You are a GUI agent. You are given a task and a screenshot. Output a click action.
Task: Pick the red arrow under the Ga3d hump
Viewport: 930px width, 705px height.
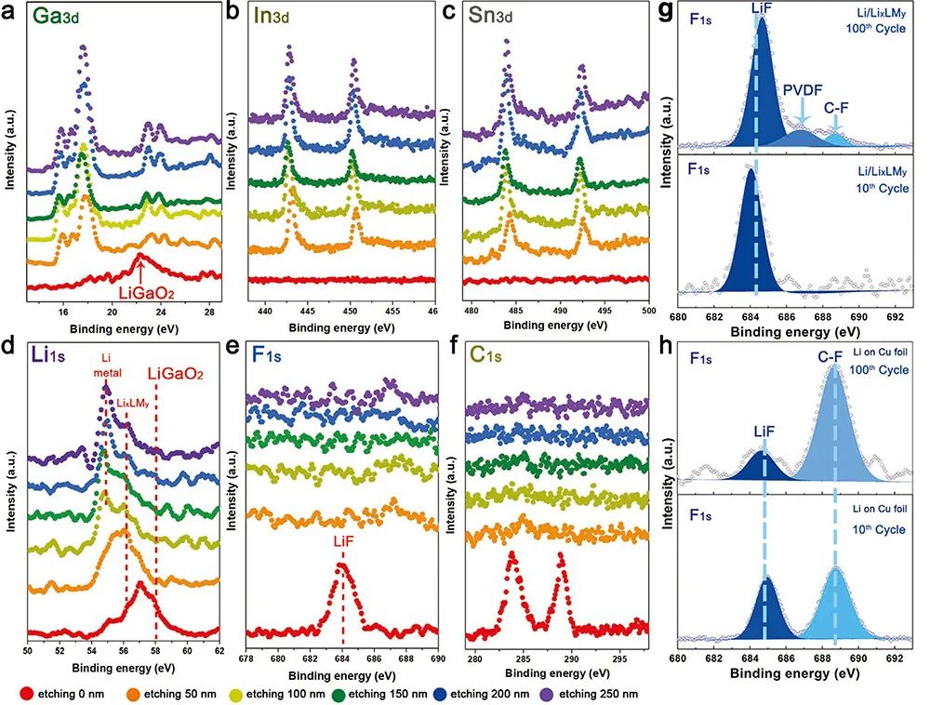tap(140, 271)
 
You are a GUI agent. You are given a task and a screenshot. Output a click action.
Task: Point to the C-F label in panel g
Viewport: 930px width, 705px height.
tap(835, 106)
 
